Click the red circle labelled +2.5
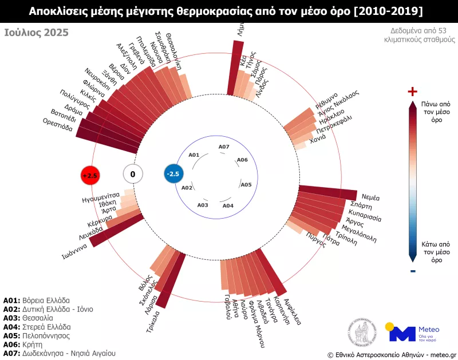(x=90, y=175)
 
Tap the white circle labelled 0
(x=133, y=174)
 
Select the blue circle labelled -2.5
(x=173, y=174)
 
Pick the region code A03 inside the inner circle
(x=203, y=204)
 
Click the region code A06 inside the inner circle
(x=242, y=160)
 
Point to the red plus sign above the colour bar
(x=412, y=92)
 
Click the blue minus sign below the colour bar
(x=412, y=271)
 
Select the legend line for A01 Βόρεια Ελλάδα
(x=37, y=300)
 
